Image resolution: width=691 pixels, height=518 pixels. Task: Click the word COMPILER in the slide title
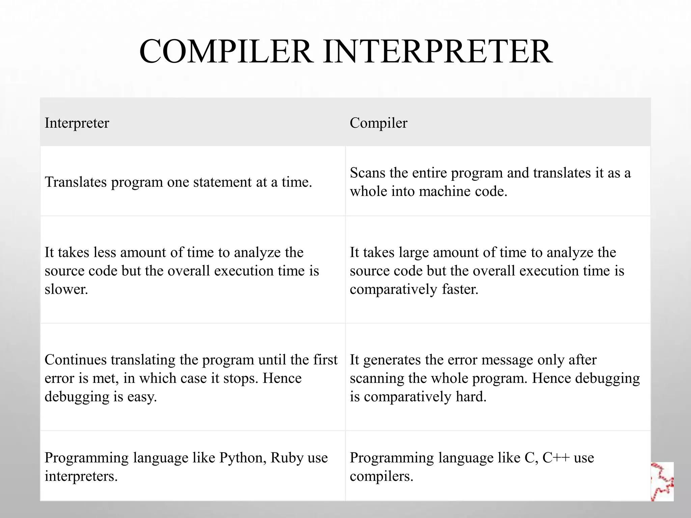coord(225,52)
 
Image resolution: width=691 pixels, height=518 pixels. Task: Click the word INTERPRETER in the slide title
coord(438,52)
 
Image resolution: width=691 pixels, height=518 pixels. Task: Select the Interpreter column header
coord(77,123)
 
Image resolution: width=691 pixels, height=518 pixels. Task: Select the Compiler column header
coord(378,123)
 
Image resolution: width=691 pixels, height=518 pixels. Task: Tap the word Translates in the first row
coord(76,182)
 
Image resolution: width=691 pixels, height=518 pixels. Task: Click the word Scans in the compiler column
coord(367,173)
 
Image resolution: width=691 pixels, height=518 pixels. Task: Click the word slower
coord(66,289)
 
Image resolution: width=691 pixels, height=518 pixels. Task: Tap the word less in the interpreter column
coord(105,252)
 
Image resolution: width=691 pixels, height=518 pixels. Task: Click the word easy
coord(142,397)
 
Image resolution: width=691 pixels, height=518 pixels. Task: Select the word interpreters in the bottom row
coord(81,477)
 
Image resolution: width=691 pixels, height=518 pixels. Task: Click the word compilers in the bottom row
coord(381,477)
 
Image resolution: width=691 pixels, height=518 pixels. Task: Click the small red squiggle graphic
coord(662,481)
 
